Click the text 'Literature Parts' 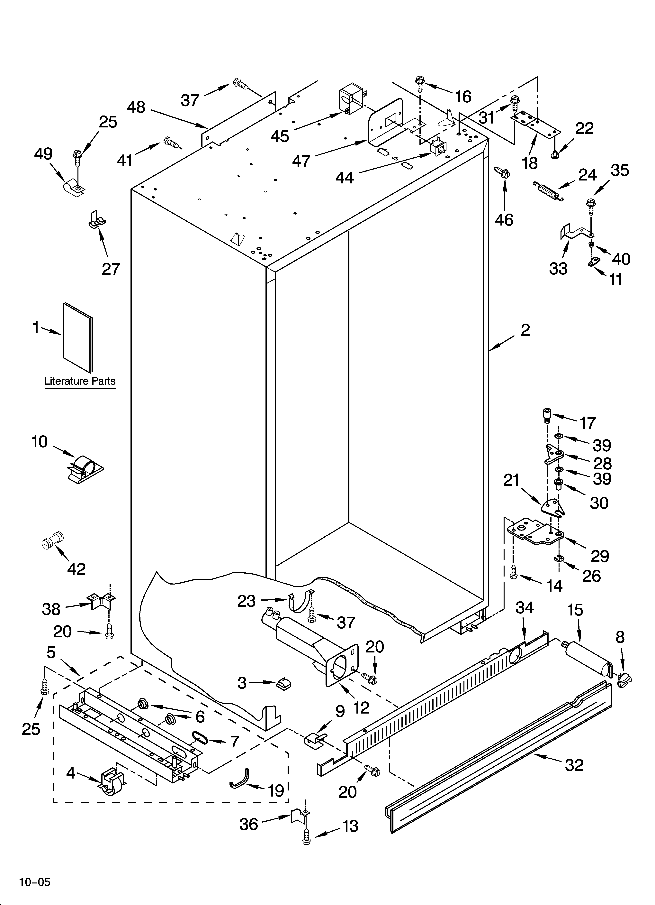click(x=80, y=381)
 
